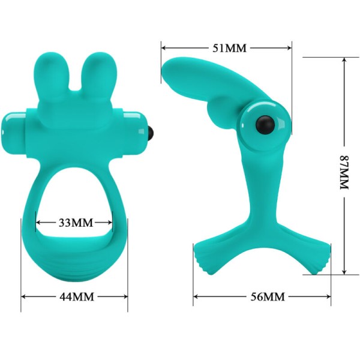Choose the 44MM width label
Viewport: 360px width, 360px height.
tap(75, 297)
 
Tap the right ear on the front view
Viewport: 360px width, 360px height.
tap(97, 72)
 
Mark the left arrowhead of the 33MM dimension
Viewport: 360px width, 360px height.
tap(38, 223)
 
